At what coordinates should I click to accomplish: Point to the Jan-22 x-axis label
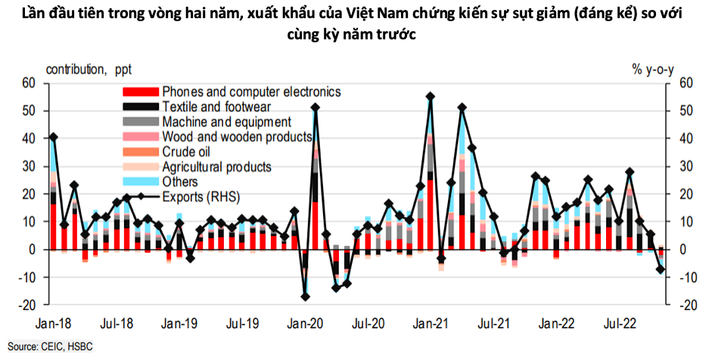pos(556,324)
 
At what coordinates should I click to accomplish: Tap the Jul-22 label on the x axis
pos(619,324)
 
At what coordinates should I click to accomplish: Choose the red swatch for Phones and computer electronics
pos(141,92)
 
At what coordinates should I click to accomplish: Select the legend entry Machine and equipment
pos(226,122)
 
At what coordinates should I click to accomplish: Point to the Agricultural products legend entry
pos(216,167)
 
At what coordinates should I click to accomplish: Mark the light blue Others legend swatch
pos(141,182)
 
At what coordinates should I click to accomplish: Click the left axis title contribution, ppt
pos(89,70)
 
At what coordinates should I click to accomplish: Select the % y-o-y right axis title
pos(652,70)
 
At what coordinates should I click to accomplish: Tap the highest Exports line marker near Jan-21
pos(431,96)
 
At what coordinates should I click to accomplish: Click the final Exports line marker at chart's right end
pos(661,269)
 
